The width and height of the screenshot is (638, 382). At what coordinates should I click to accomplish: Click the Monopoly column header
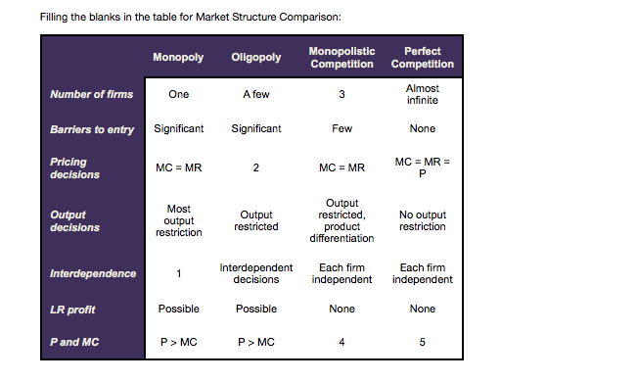178,57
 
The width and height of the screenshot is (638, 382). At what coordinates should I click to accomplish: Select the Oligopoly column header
255,57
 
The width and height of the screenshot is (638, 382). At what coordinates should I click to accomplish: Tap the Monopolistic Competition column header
342,57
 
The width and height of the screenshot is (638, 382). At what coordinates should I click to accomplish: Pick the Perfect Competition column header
422,57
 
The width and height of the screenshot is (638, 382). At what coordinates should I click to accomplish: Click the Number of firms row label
91,95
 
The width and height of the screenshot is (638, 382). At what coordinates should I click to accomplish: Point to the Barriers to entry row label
92,129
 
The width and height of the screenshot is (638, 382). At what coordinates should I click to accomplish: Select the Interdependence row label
93,273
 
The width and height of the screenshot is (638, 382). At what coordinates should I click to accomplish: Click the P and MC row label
75,342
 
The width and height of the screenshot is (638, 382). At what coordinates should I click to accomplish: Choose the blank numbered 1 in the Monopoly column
178,273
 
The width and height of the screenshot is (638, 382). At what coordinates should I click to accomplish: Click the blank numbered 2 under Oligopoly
255,167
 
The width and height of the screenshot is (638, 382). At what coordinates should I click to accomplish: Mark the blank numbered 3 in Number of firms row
342,95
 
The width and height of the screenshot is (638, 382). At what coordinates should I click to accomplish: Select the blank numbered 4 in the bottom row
342,342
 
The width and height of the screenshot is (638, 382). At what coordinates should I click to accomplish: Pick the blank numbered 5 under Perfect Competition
422,342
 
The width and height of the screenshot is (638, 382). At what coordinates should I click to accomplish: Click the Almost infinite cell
422,95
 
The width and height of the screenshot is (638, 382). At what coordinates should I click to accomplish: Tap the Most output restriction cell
178,220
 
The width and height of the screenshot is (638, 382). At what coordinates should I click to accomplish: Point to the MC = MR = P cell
422,167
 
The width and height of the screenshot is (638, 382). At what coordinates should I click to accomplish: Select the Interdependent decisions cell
255,273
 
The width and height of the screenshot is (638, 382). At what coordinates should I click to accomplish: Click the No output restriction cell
422,220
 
